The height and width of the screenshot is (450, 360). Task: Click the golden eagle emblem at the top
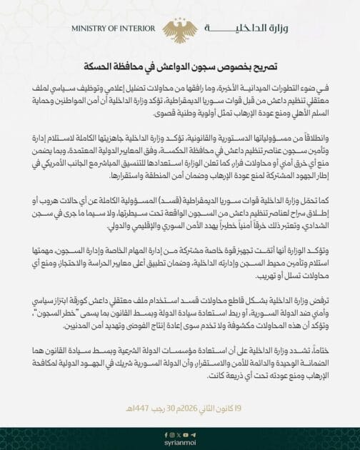179,29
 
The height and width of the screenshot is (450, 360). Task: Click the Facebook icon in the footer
165,434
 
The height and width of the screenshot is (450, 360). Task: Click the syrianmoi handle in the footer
180,442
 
